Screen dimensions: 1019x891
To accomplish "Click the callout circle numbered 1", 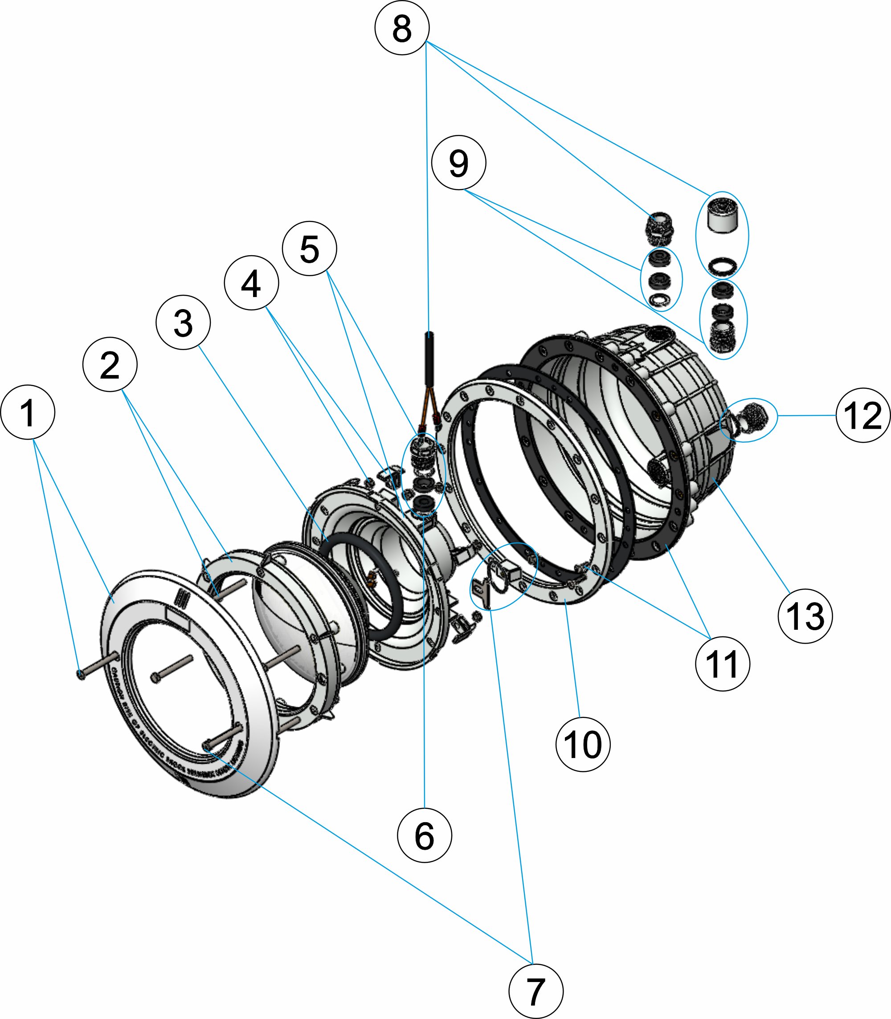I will click(28, 412).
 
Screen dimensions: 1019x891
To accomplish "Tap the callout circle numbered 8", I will click(402, 28).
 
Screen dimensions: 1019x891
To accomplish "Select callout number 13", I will click(805, 616).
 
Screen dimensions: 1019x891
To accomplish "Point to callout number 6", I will click(425, 835).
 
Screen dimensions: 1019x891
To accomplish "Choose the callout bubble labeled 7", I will click(536, 991).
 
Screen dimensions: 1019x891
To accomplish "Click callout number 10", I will click(583, 744).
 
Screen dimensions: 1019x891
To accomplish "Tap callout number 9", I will click(458, 163).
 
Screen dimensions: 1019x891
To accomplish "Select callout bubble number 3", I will click(183, 322).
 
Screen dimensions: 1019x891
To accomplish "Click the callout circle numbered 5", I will click(309, 249).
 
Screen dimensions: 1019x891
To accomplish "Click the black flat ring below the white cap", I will click(721, 266).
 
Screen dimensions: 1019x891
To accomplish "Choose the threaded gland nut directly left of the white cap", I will click(659, 228).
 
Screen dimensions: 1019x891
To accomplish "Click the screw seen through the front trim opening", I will click(172, 669).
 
